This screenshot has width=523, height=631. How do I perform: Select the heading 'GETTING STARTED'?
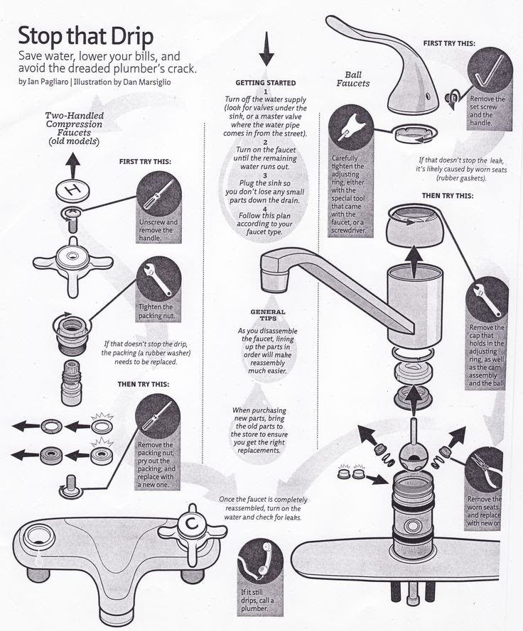click(265, 83)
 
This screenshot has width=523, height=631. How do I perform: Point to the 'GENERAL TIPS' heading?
click(268, 315)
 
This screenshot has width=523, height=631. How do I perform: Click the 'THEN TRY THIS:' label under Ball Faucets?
click(447, 195)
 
